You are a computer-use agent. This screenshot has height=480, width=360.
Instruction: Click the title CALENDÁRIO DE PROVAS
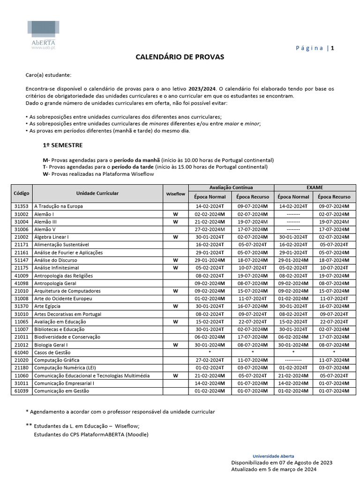(180, 57)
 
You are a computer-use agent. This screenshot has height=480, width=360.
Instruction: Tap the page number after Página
(332, 48)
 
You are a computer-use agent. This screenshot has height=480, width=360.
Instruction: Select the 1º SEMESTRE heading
(63, 145)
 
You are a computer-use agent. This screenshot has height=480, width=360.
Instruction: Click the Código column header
(22, 193)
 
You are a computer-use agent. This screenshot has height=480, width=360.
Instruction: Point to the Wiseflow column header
(176, 194)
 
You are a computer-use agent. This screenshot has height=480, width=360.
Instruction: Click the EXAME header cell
(315, 187)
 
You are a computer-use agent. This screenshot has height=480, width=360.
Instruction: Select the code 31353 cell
(22, 206)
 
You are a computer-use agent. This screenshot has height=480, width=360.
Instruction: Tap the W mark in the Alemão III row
(176, 222)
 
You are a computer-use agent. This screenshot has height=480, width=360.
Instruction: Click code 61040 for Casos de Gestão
(22, 352)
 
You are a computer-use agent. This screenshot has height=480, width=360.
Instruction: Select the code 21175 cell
(22, 268)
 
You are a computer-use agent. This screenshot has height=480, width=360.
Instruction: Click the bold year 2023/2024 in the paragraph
(202, 89)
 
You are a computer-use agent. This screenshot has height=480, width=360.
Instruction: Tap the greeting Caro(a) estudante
(49, 75)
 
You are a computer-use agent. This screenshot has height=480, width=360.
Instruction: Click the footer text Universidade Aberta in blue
(273, 456)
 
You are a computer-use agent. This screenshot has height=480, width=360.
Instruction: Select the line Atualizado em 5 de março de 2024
(274, 469)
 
